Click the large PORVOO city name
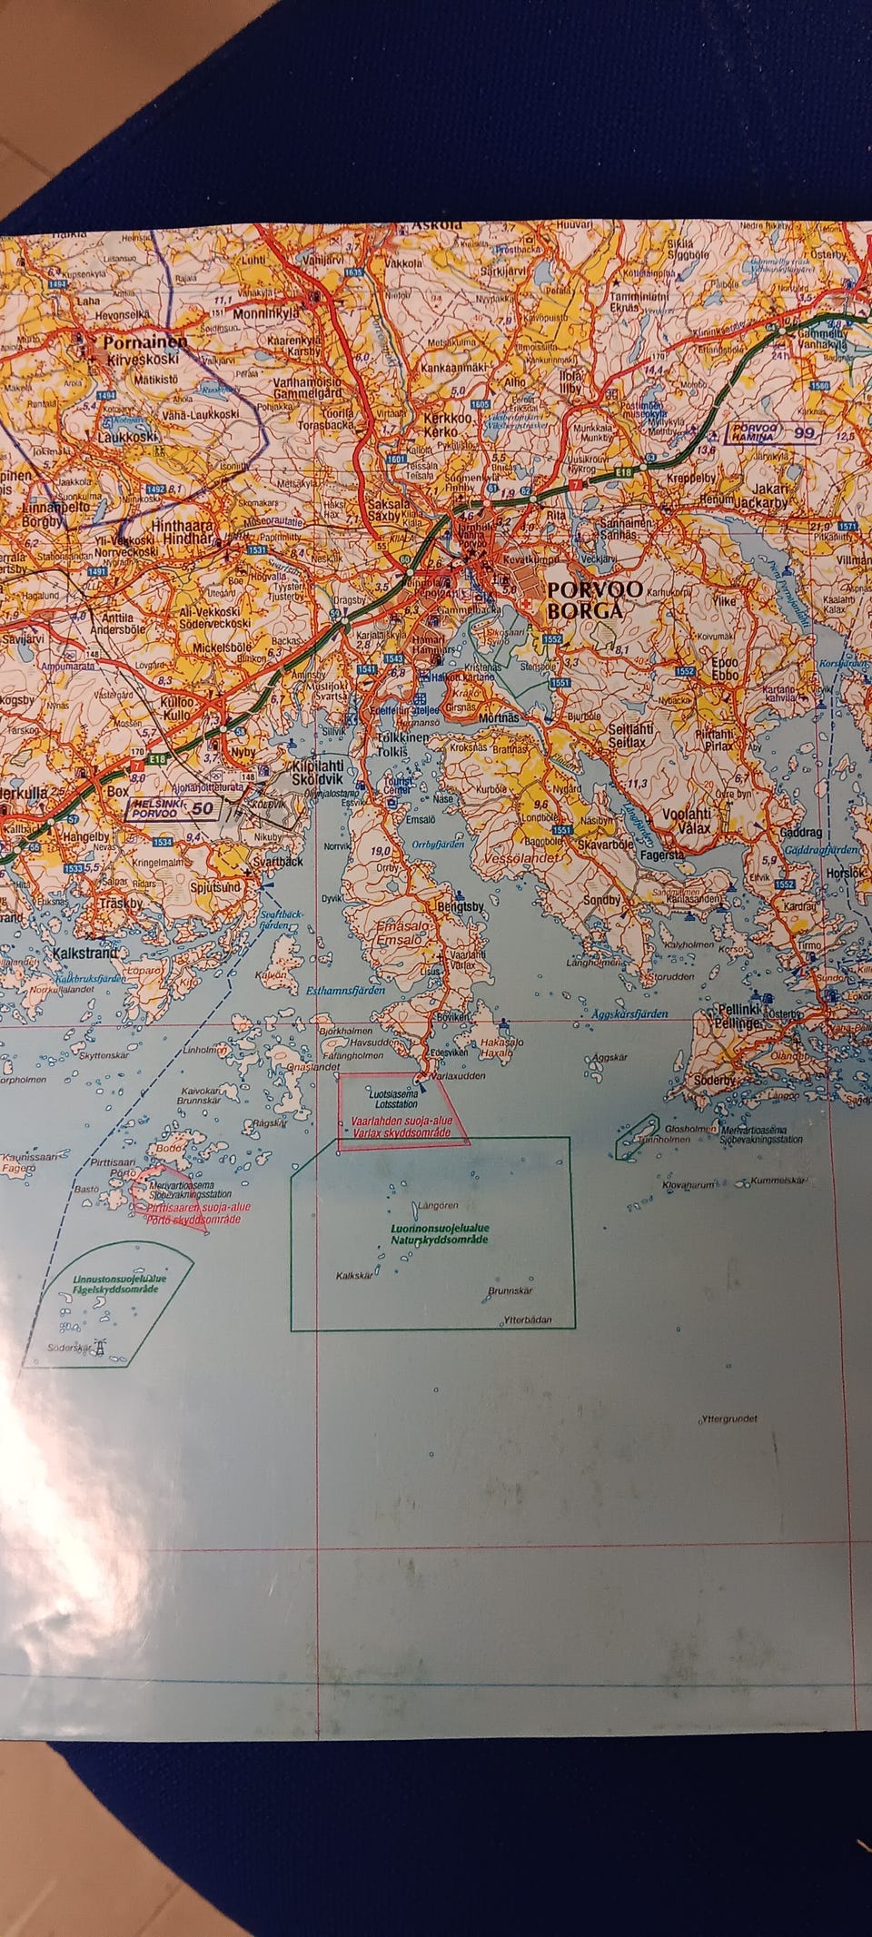point(594,588)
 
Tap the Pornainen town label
point(145,342)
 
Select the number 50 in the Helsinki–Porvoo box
point(203,808)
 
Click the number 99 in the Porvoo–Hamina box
point(804,433)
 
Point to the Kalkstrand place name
point(84,954)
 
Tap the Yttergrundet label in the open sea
point(729,1418)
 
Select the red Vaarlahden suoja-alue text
point(401,1122)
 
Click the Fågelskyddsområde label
point(116,1289)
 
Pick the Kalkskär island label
point(354,1276)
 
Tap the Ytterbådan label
point(528,1320)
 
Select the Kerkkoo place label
point(449,419)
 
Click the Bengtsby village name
point(461,906)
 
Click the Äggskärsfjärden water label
point(629,1013)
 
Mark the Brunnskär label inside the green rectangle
point(510,1290)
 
